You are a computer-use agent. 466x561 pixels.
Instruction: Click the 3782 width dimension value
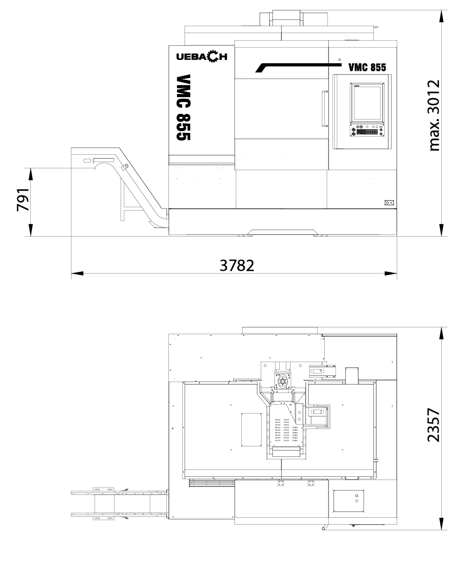click(x=236, y=265)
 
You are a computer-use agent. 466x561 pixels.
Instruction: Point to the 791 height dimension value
click(x=23, y=200)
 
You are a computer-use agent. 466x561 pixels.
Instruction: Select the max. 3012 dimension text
click(x=434, y=115)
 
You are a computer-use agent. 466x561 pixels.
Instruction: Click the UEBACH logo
click(x=202, y=56)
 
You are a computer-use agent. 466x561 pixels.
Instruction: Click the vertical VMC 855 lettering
click(x=183, y=107)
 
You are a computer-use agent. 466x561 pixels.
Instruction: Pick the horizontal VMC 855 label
click(x=367, y=67)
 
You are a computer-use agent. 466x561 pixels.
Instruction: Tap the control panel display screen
click(x=367, y=103)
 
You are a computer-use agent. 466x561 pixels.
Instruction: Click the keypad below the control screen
click(x=367, y=130)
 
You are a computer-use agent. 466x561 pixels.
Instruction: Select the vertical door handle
click(x=324, y=109)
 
